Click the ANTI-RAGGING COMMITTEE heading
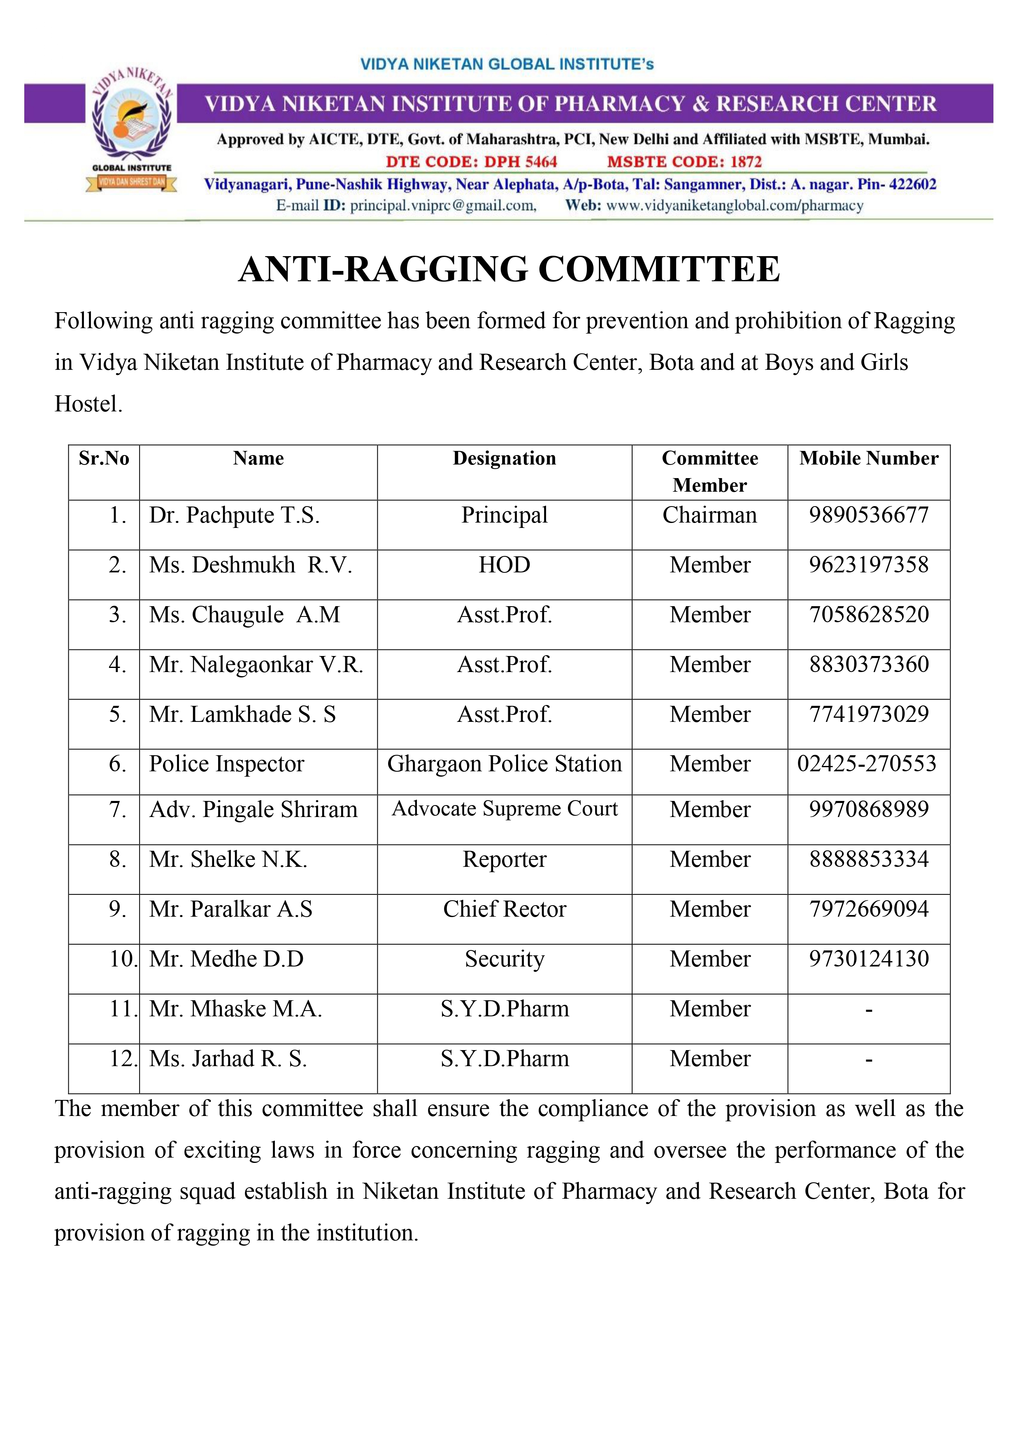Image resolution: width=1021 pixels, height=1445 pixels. click(x=509, y=269)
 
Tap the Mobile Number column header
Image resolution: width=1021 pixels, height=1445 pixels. click(x=868, y=458)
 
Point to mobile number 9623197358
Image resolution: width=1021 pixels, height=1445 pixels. click(x=868, y=565)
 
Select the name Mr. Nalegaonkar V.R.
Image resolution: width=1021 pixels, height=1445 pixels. click(x=256, y=665)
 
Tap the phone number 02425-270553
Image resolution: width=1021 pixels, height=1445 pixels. click(x=866, y=764)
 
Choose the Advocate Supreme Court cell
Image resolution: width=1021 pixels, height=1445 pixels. click(x=505, y=809)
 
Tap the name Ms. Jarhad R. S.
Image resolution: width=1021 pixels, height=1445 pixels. click(x=228, y=1059)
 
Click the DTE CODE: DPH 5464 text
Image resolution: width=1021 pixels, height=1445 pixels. click(x=471, y=162)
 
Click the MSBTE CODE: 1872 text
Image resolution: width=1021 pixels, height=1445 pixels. click(x=684, y=162)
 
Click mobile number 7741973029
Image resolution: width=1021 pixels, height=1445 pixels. click(x=868, y=714)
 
